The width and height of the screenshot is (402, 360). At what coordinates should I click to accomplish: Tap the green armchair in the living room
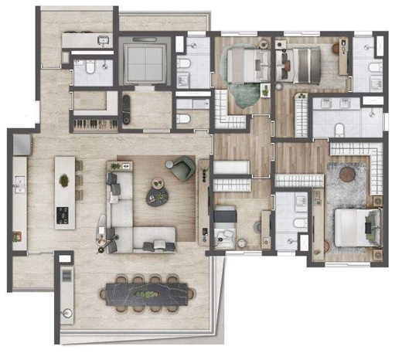point(184,168)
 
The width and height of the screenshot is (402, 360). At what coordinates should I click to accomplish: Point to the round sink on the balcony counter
point(66,314)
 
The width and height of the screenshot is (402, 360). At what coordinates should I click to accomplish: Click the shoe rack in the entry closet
point(90,122)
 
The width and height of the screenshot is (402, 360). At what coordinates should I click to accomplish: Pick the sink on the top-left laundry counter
point(102,39)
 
